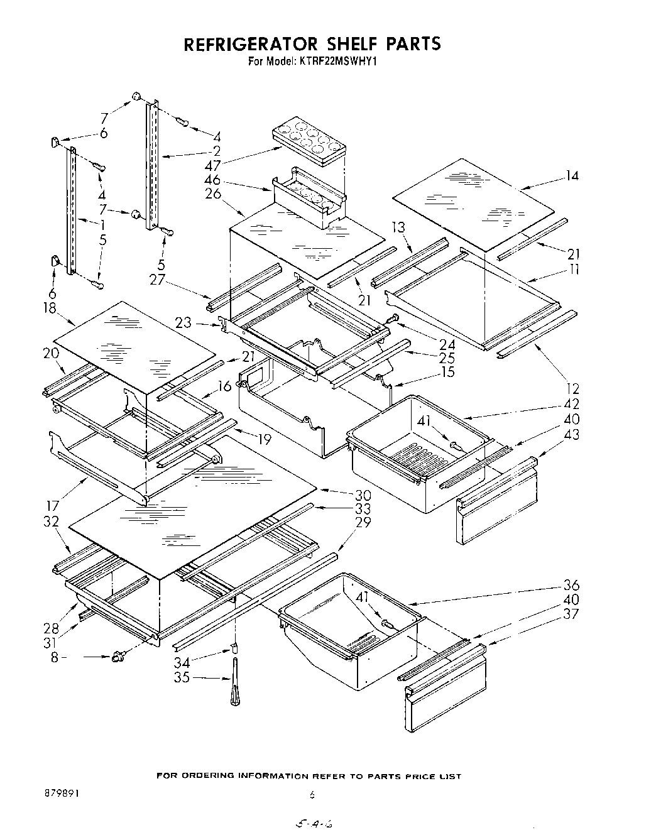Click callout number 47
click(212, 167)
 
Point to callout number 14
click(571, 176)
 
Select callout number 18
click(50, 309)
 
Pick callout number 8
click(73, 658)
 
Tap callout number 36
click(571, 585)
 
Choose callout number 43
click(571, 434)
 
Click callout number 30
click(363, 494)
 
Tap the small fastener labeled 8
click(117, 658)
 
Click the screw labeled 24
click(393, 320)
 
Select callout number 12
click(571, 389)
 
